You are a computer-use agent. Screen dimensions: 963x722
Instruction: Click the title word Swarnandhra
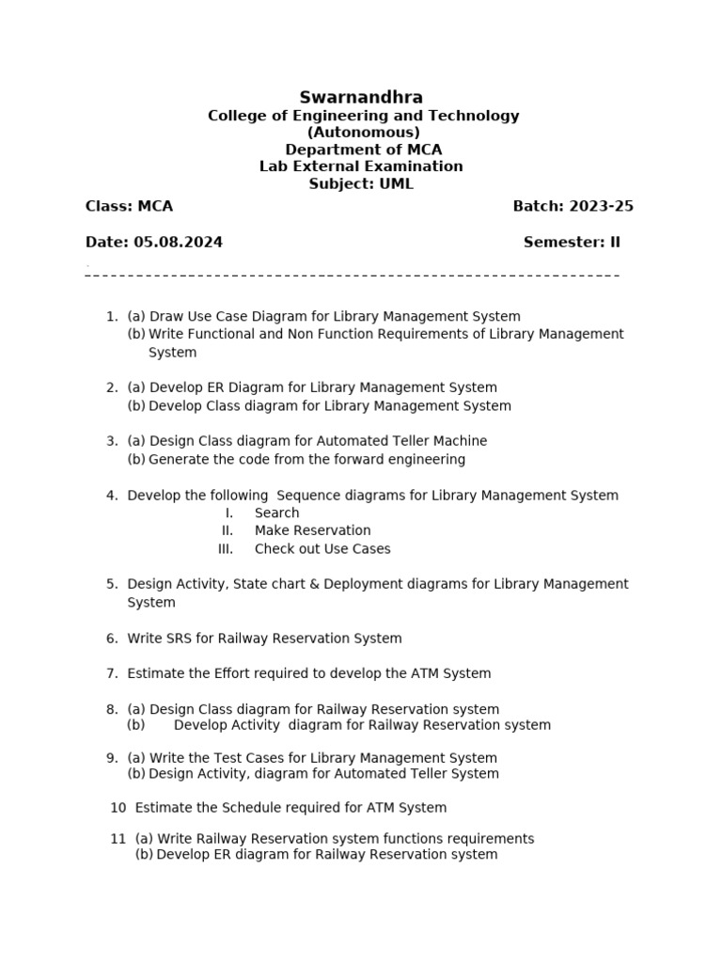pos(361,98)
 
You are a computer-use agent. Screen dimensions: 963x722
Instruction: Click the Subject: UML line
pos(361,183)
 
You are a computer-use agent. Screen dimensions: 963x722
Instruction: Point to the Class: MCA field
pos(129,207)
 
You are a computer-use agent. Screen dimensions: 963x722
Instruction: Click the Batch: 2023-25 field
pos(573,207)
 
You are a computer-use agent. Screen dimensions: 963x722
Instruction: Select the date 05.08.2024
pos(179,243)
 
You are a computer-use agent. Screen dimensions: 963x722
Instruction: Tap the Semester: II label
pos(572,243)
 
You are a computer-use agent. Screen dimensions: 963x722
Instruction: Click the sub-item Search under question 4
pos(276,513)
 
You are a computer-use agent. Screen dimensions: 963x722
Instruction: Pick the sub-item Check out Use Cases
pos(322,549)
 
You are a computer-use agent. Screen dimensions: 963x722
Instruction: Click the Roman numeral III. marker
pos(225,549)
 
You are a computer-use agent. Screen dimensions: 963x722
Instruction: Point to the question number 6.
pos(111,639)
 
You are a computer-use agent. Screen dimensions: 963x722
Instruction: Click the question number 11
pos(118,839)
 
